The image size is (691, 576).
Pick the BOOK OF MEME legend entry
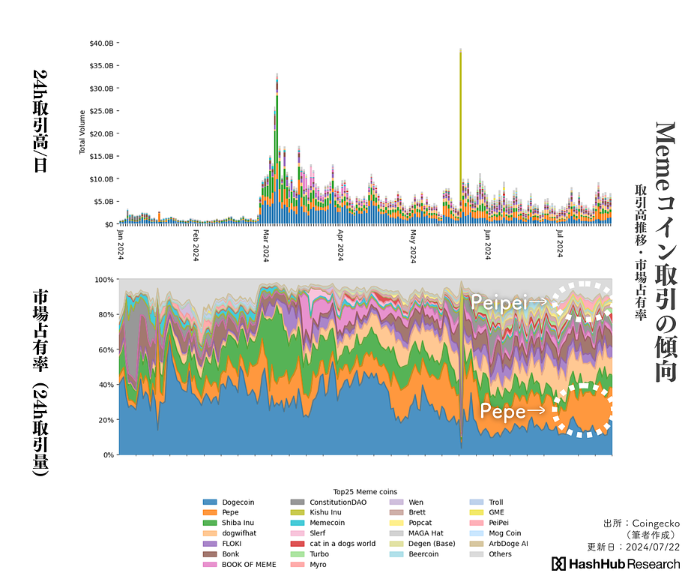coord(249,565)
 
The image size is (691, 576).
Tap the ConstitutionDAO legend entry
coord(338,502)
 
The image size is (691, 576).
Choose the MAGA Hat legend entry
coord(426,533)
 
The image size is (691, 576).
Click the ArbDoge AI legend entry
coord(508,544)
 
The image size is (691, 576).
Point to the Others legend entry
coord(500,554)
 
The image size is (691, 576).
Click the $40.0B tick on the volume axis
coord(101,43)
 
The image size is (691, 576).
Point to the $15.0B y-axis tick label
coord(101,156)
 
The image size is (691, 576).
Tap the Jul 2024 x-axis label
coord(559,243)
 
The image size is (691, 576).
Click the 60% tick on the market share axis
coord(103,349)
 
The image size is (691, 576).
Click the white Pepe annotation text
coord(502,411)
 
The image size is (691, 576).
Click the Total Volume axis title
coord(82,132)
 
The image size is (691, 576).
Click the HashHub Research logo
coord(616,564)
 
